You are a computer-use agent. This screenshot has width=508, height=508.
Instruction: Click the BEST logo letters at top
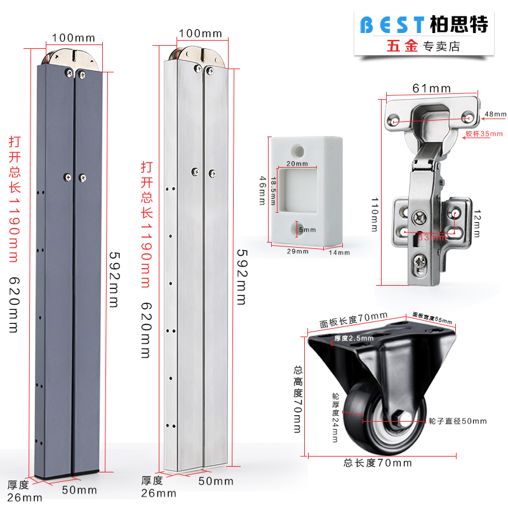point(392,25)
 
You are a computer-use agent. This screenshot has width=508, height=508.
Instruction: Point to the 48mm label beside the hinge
point(495,114)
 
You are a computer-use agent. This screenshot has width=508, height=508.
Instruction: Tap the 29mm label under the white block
point(297,251)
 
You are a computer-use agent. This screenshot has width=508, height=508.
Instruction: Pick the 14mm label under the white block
point(339,253)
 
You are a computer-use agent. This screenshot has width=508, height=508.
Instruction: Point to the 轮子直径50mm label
point(457,421)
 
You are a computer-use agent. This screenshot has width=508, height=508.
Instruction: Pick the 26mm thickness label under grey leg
point(25,497)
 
